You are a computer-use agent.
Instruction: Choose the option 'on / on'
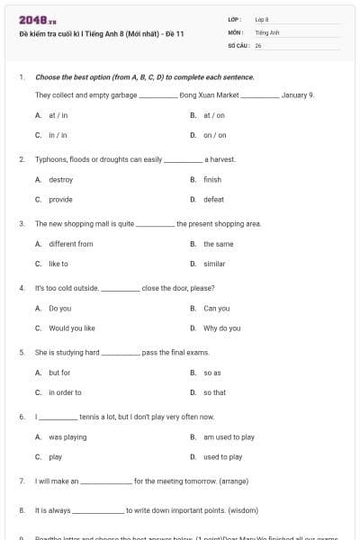pyautogui.click(x=214, y=135)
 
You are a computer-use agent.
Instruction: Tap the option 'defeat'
pyautogui.click(x=213, y=199)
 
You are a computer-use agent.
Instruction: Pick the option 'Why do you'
pyautogui.click(x=221, y=328)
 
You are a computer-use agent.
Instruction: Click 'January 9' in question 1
pyautogui.click(x=297, y=94)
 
